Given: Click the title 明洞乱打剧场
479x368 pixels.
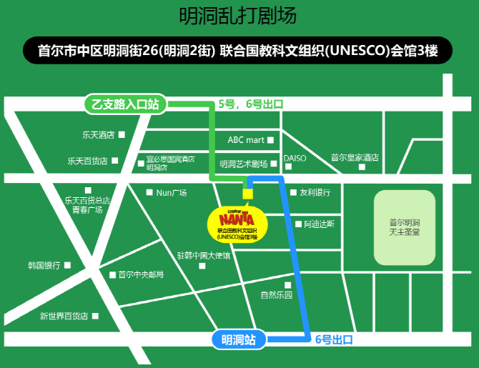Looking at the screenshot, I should (238, 16).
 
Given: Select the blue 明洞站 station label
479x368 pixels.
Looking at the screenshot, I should (239, 340).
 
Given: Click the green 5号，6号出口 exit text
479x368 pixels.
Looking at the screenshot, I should (250, 104).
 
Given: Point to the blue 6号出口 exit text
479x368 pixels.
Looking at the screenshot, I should (334, 339).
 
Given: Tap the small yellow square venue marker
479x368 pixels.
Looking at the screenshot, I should (248, 193).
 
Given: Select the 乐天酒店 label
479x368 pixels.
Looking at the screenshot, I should (99, 134).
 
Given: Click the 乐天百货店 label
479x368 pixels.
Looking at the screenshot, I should (88, 161).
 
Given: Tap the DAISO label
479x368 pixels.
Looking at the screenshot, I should (295, 158).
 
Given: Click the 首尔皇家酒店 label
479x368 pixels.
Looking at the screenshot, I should (354, 158).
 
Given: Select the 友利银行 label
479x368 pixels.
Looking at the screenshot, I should (315, 192).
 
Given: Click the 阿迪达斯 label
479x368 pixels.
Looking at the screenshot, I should (319, 224).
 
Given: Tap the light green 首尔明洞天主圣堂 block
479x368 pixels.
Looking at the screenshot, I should (405, 227).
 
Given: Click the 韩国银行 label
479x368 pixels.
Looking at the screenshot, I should (44, 265).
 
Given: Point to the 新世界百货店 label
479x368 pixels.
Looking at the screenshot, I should (64, 315).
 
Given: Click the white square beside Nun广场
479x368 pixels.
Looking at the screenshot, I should (149, 192).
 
